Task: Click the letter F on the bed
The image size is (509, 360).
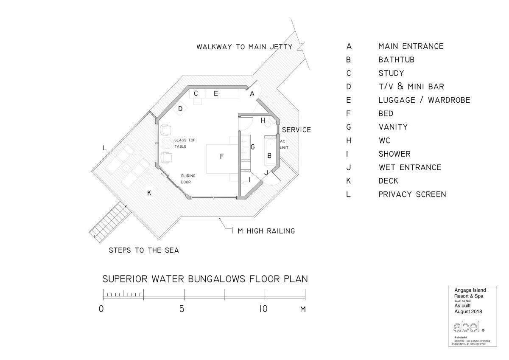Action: (x=221, y=157)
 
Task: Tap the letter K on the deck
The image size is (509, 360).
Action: (x=149, y=193)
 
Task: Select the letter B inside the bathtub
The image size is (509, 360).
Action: (x=269, y=156)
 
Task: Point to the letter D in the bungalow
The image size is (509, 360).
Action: (x=180, y=109)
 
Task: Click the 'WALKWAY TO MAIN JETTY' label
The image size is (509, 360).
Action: (x=244, y=47)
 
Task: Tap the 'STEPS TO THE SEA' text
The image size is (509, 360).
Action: (x=144, y=250)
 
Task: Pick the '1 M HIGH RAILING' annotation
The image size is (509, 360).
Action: (x=263, y=231)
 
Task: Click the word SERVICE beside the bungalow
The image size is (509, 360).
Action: (x=296, y=129)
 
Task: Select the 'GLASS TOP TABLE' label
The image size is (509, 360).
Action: (x=184, y=143)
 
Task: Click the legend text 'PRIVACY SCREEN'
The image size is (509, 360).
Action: (x=412, y=194)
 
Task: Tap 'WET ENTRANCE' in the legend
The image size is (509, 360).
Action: (x=409, y=167)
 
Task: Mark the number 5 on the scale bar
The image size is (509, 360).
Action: (x=182, y=309)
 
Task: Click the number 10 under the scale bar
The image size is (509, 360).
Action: (x=263, y=309)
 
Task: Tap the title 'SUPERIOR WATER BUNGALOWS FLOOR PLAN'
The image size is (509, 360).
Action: (x=205, y=279)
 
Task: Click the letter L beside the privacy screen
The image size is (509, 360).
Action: (x=104, y=148)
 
